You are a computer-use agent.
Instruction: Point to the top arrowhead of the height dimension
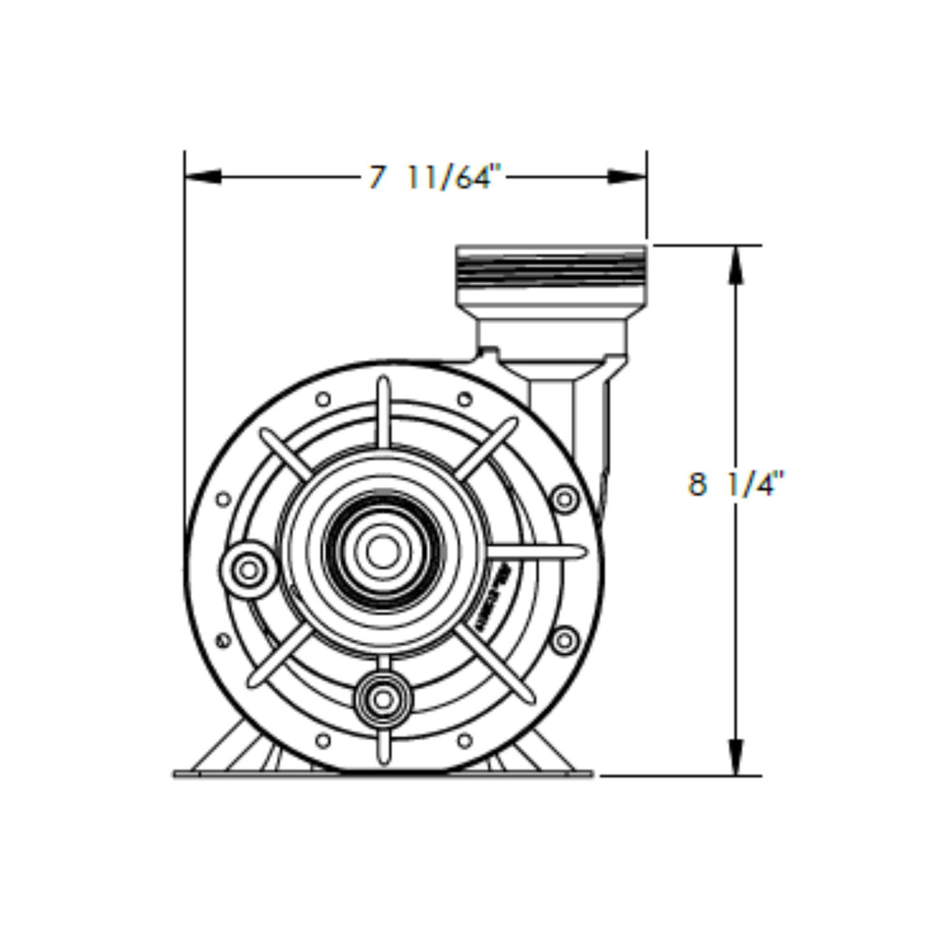pyautogui.click(x=736, y=265)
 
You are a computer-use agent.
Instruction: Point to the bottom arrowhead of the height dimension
pyautogui.click(x=736, y=757)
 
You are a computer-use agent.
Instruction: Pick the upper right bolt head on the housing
pyautogui.click(x=564, y=499)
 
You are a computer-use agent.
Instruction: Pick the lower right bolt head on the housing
pyautogui.click(x=564, y=639)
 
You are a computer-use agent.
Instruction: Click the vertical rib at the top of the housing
pyautogui.click(x=384, y=411)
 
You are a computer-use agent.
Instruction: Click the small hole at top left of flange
pyautogui.click(x=322, y=399)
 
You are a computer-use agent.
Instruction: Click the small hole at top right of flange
pyautogui.click(x=464, y=399)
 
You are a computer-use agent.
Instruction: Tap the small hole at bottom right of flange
pyautogui.click(x=464, y=739)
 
